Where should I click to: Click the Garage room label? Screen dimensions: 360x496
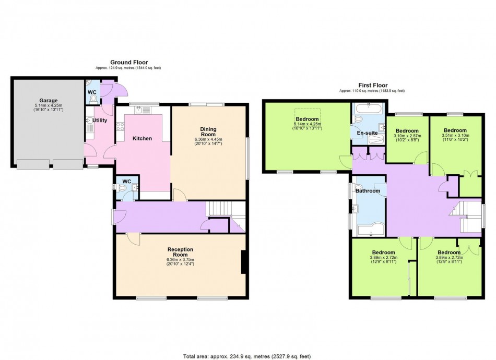(x=48, y=101)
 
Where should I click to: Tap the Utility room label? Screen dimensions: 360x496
(x=100, y=121)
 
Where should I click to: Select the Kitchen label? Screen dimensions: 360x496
(x=142, y=138)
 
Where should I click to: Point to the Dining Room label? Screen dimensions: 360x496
(x=208, y=131)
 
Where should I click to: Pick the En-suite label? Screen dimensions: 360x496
(x=367, y=133)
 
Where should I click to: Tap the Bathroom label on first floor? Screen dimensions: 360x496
(x=368, y=191)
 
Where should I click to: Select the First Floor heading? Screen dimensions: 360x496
(x=373, y=85)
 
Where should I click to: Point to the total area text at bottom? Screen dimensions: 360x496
(x=248, y=356)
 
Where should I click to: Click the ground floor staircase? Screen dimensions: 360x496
(x=219, y=210)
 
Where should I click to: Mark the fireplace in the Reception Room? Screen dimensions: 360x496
(x=243, y=262)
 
